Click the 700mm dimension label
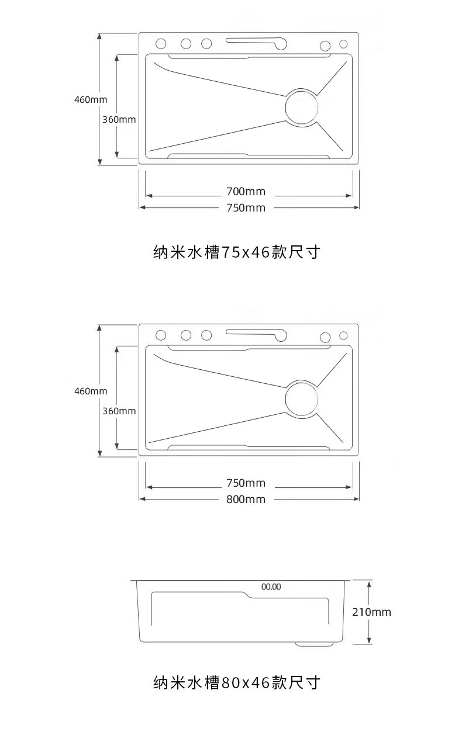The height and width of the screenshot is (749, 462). click(246, 192)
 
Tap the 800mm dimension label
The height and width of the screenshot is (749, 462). click(246, 500)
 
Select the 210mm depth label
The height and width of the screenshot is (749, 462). click(371, 612)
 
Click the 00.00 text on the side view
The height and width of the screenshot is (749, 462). click(271, 587)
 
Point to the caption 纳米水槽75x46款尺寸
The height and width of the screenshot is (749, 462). click(237, 252)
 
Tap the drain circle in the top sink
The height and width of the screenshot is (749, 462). click(301, 108)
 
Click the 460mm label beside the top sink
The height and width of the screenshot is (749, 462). click(91, 100)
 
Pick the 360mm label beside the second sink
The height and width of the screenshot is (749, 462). click(119, 411)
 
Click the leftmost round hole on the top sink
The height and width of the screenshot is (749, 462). click(161, 43)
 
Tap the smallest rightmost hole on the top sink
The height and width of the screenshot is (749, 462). click(343, 44)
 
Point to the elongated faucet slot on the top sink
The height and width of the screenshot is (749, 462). click(257, 43)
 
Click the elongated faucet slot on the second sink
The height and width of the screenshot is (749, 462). click(257, 335)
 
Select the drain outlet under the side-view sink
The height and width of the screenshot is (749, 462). click(314, 644)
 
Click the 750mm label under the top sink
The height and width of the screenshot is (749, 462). click(246, 208)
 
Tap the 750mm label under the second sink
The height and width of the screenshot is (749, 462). click(246, 483)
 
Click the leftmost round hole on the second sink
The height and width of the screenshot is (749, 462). click(161, 335)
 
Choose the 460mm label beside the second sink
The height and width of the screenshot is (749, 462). click(91, 391)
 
